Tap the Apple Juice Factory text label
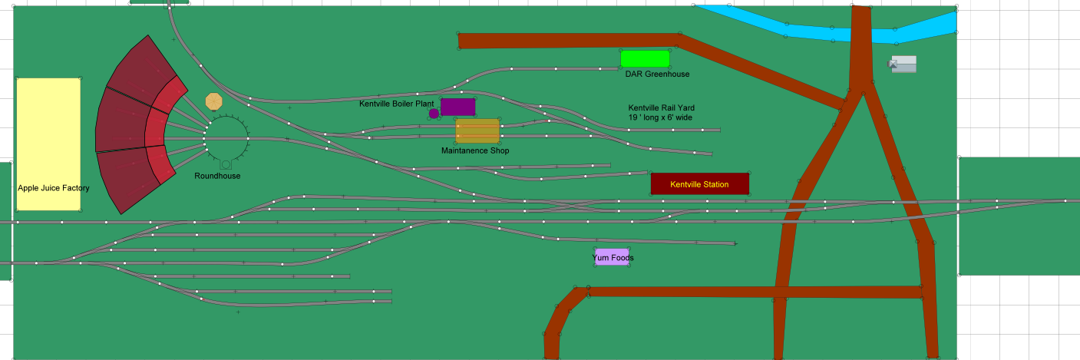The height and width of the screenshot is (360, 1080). [54, 188]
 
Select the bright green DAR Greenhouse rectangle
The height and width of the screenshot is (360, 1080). [645, 58]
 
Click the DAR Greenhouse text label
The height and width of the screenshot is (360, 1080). [657, 74]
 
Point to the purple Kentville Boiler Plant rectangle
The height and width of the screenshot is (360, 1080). [457, 107]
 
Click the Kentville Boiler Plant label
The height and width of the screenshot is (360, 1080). [397, 103]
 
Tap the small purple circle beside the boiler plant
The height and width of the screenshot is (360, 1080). [434, 114]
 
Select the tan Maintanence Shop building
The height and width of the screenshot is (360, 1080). [477, 130]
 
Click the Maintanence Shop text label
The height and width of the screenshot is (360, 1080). [475, 150]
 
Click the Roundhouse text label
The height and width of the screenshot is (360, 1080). [217, 176]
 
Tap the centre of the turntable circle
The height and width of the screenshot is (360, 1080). [226, 138]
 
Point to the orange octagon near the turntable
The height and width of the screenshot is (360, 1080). [214, 101]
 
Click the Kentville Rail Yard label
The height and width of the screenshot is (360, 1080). [661, 107]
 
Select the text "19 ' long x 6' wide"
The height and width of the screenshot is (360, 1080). [660, 118]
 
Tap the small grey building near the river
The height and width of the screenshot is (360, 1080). [903, 64]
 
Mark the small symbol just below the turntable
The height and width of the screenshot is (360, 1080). [226, 163]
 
